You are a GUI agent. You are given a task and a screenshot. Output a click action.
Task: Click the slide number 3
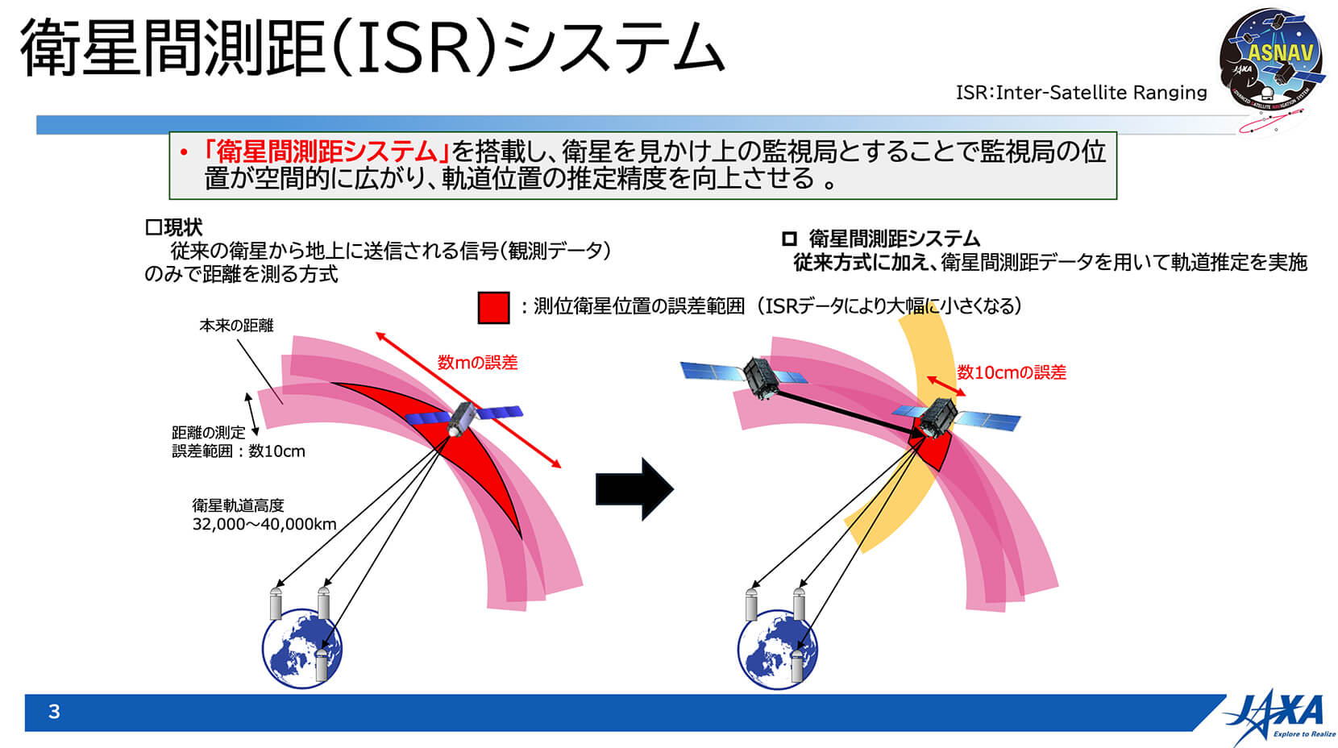(54, 712)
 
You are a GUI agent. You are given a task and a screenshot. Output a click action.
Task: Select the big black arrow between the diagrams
(634, 489)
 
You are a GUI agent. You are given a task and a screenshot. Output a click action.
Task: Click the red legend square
(493, 308)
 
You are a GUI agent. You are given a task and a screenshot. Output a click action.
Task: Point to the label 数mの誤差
(477, 362)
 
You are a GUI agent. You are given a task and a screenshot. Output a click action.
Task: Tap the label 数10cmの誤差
(1012, 372)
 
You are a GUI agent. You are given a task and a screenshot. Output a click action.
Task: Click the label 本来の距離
(236, 325)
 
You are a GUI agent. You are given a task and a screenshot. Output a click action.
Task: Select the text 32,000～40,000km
(264, 524)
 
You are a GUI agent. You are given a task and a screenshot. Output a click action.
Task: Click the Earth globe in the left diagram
(301, 648)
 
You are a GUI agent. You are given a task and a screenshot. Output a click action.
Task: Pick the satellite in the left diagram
(463, 417)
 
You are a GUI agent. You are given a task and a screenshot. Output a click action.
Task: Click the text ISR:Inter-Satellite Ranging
(1081, 93)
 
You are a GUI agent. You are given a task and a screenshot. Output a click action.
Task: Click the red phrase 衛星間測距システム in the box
(326, 152)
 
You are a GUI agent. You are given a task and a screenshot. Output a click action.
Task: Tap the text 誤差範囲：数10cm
(239, 451)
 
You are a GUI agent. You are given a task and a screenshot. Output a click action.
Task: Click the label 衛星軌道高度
(238, 505)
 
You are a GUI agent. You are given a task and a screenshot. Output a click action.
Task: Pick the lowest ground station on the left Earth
(322, 665)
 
